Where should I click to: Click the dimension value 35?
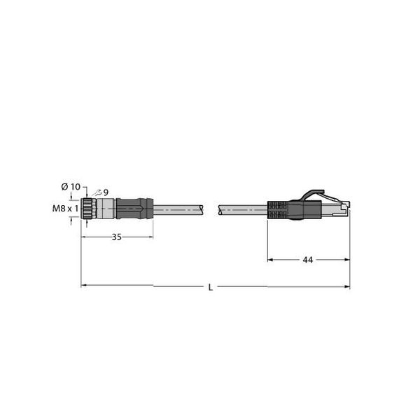pos(116,237)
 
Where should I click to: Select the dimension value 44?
pos(307,260)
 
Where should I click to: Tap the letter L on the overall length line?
pos(211,288)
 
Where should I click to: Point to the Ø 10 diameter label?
pos(71,187)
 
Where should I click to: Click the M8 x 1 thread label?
pos(65,208)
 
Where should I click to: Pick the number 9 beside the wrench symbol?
pos(106,192)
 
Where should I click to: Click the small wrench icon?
pos(97,193)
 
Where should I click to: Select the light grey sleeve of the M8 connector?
pos(106,209)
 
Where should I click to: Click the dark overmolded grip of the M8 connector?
pos(134,209)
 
